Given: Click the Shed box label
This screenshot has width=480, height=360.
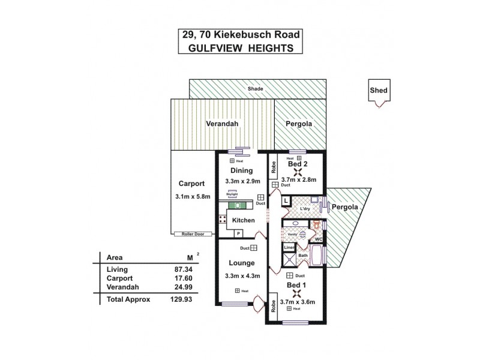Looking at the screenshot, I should pyautogui.click(x=379, y=91).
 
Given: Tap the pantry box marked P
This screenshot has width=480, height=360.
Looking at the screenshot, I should pyautogui.click(x=238, y=233).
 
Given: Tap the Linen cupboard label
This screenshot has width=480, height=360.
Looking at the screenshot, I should pyautogui.click(x=289, y=247).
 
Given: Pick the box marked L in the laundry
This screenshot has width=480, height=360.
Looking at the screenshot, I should pyautogui.click(x=286, y=200).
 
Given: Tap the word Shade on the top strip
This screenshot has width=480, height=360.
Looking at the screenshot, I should pyautogui.click(x=257, y=89).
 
